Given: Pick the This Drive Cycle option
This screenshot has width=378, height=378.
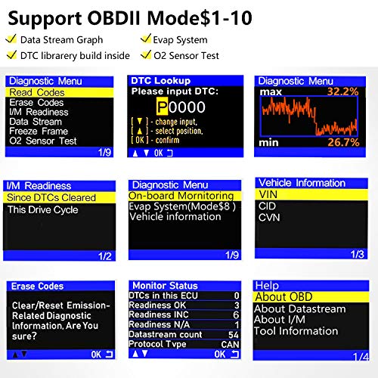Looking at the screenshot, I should [x=42, y=210].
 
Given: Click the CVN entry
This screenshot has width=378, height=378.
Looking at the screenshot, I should [x=270, y=217].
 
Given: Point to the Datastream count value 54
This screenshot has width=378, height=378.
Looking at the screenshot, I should [x=233, y=334].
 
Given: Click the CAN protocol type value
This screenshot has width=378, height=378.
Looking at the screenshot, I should [x=230, y=344].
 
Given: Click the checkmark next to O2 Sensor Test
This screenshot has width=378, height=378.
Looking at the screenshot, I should [x=146, y=54].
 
